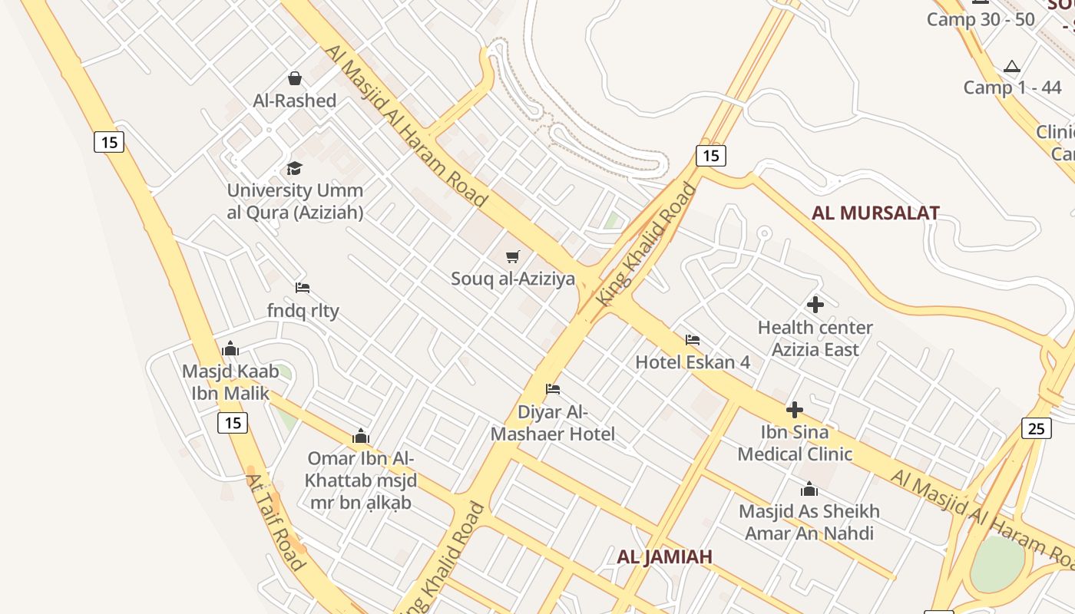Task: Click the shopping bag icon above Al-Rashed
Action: pos(295,78)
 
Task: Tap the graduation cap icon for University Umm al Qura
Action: pos(295,168)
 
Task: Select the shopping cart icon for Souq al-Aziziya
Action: pos(513,256)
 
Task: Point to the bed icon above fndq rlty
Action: pos(303,288)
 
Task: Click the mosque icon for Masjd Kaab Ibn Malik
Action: pos(230,349)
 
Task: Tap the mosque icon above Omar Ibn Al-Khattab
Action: pos(361,437)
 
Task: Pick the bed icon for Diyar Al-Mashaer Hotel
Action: pos(553,389)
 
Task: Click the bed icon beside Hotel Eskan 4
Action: pos(693,339)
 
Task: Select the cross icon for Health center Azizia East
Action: pos(815,305)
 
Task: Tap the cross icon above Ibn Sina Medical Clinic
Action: pos(795,410)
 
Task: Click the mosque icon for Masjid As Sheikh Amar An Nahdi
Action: pos(809,489)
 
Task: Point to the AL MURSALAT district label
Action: pos(875,213)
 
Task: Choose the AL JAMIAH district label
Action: pos(665,556)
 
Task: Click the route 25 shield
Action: pos(1036,428)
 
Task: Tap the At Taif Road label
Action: pos(276,521)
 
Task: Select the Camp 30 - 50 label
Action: pos(981,20)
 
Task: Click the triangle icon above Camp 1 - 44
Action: pos(1012,67)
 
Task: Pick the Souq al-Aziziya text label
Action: pos(513,279)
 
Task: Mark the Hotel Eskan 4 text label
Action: pos(693,361)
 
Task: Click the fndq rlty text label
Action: pos(303,311)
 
